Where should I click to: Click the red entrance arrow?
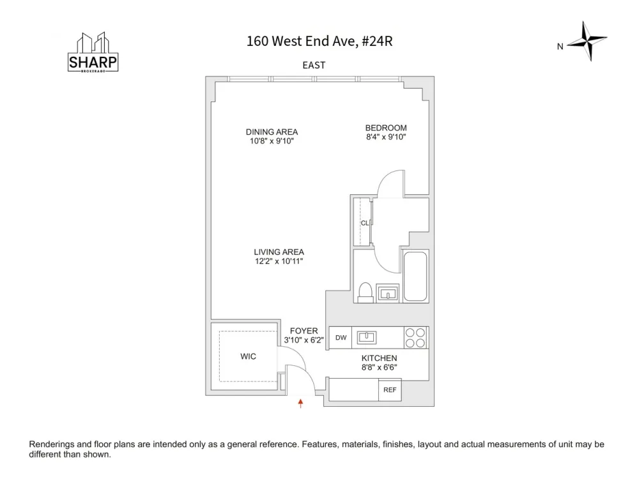coord(300,404)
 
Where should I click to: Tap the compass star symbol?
coord(587,41)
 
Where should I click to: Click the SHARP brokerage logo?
coord(93,52)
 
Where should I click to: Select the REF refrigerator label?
coord(390,390)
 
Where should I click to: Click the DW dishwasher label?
coord(341,338)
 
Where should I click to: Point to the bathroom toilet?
coord(366,292)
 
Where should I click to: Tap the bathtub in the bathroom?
coord(416,277)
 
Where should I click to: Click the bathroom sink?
coord(387,293)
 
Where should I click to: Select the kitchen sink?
coord(366,337)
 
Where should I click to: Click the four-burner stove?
coord(415,338)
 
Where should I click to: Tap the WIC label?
coord(248,356)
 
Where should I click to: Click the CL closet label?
coord(365,223)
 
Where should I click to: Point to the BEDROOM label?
coord(386,128)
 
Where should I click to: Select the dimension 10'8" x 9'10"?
coord(272,141)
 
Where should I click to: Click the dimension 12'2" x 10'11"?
coord(279,261)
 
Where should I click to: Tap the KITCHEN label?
coord(379,358)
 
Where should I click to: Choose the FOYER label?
coord(304,331)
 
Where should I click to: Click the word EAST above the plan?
coord(314,65)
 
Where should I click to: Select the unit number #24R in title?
coord(377,41)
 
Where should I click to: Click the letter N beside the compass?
coord(560,47)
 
